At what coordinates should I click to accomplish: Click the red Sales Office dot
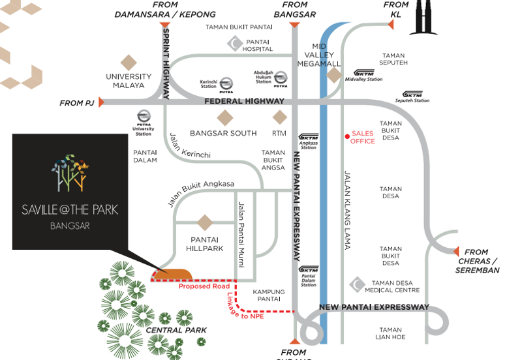point(347,136)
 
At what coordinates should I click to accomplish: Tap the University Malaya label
point(129,81)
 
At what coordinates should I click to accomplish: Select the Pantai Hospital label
point(258,45)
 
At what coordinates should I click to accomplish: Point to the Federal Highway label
point(244,101)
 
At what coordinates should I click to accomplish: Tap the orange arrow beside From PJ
point(101,102)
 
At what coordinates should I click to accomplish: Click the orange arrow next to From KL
point(391,25)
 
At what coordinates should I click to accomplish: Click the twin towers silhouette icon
point(422,18)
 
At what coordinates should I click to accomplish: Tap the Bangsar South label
point(223,133)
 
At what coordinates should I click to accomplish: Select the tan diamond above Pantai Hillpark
point(206,222)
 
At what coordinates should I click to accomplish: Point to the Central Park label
point(176,330)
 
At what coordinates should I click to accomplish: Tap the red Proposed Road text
point(204,286)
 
